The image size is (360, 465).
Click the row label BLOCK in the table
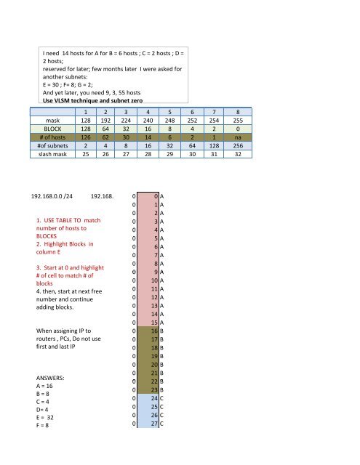pyautogui.click(x=52, y=134)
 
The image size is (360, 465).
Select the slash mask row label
pyautogui.click(x=52, y=165)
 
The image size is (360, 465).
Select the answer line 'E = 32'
pyautogui.click(x=48, y=428)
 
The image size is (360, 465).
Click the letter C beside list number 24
pyautogui.click(x=162, y=399)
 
